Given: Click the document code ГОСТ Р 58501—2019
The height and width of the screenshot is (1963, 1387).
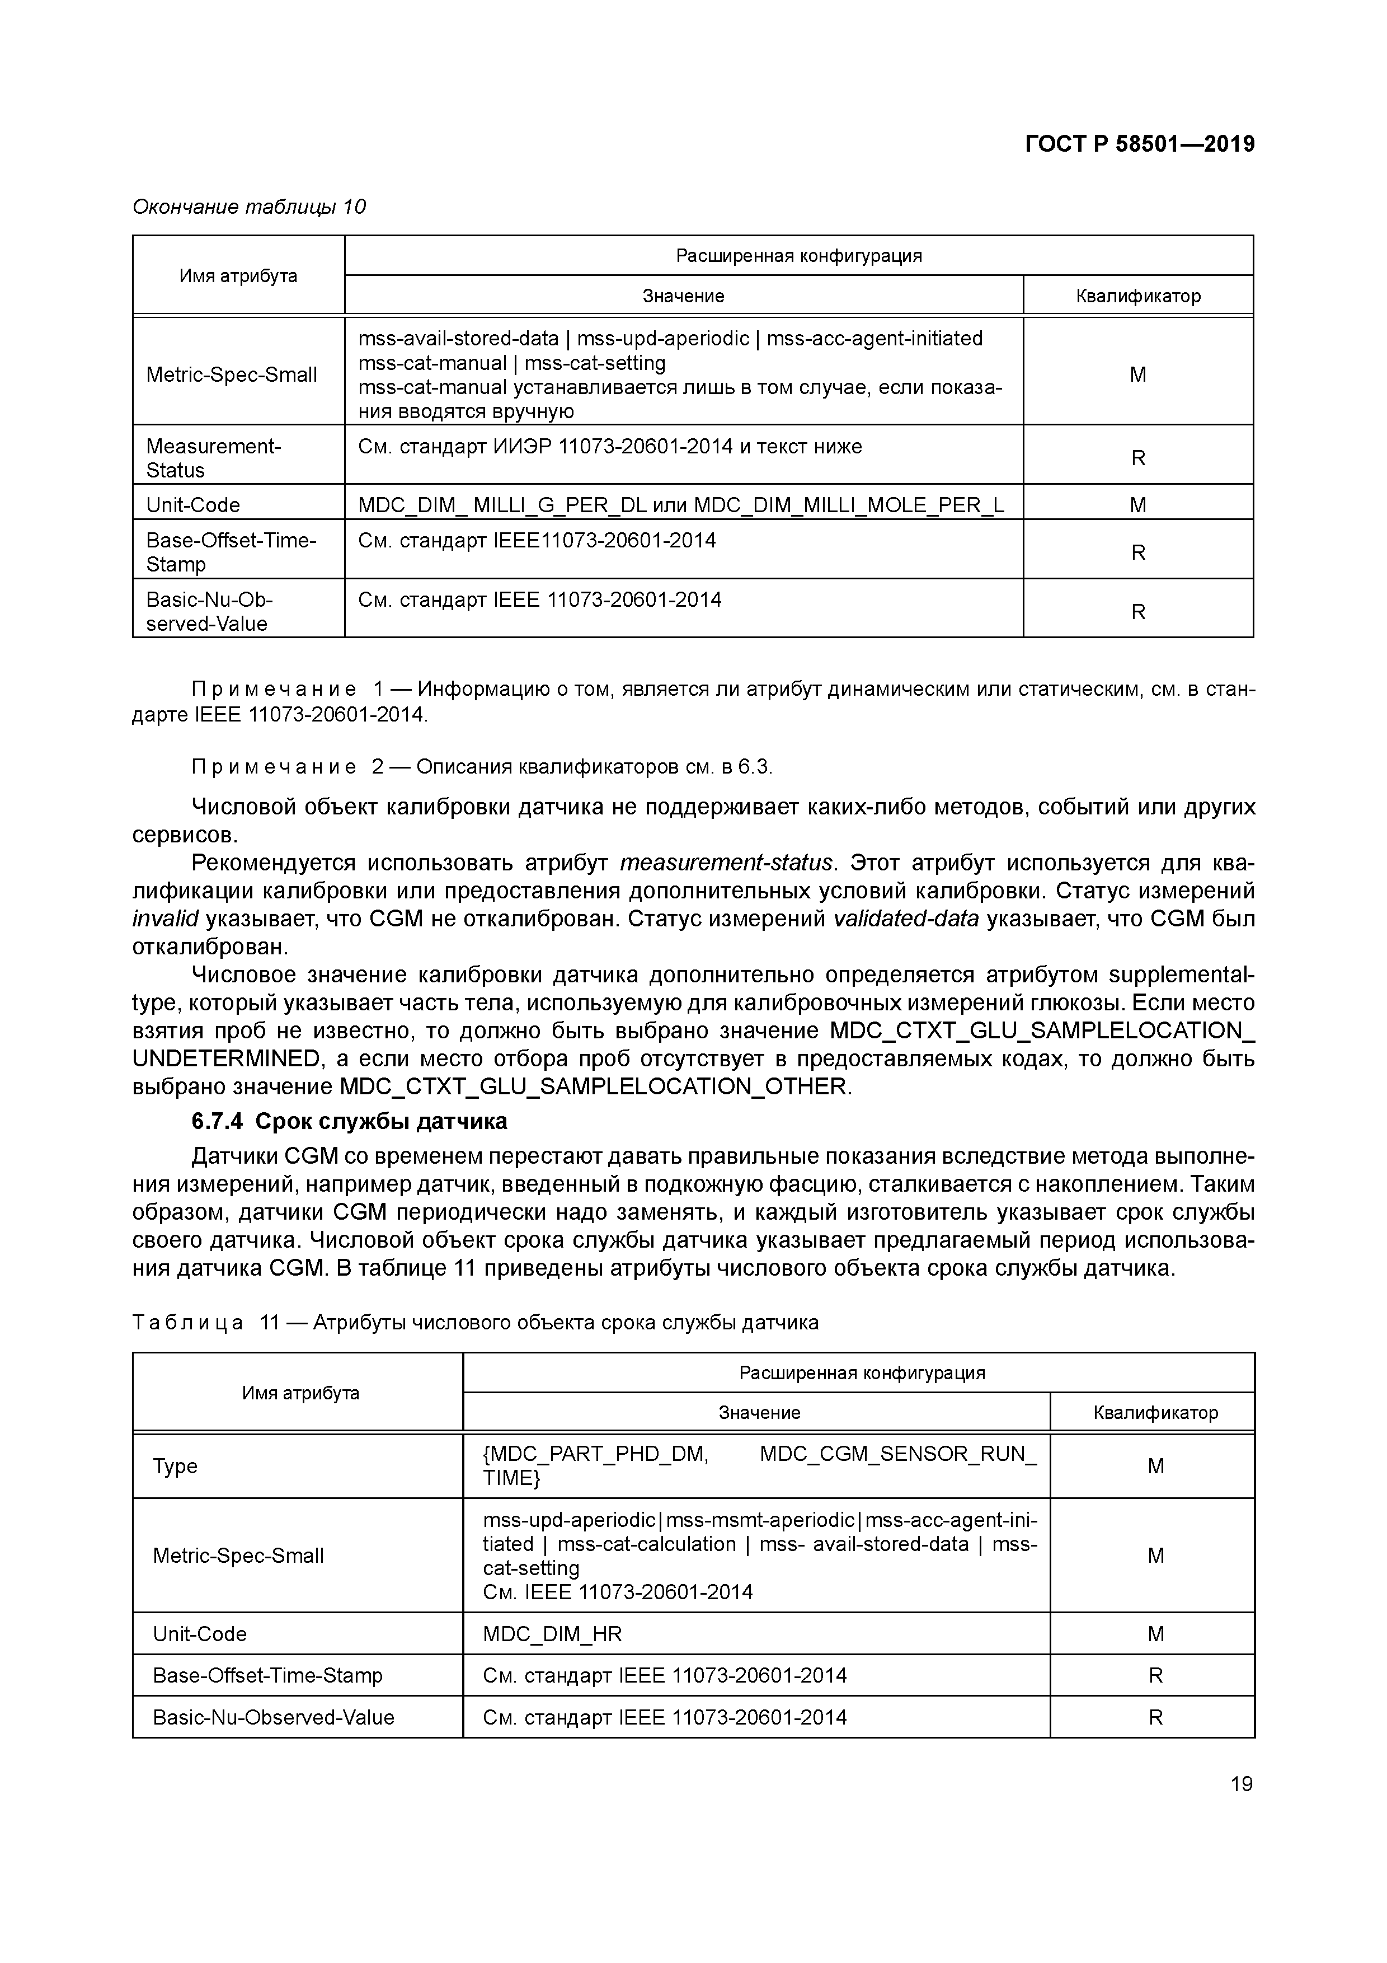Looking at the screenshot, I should click(x=1139, y=144).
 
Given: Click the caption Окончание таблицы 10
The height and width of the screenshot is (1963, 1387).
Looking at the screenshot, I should click(x=248, y=207).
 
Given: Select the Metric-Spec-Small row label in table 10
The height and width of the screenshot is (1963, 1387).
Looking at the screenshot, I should click(x=232, y=374).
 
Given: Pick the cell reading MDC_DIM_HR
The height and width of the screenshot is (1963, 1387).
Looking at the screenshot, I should click(x=552, y=1634).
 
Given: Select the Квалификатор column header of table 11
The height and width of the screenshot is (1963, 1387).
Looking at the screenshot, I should click(x=1155, y=1412).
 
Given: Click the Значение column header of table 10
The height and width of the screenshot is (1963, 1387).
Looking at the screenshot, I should click(x=683, y=296).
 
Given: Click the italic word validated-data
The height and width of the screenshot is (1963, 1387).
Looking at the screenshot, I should click(x=906, y=919).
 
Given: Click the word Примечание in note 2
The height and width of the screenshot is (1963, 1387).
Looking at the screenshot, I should click(x=274, y=767).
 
